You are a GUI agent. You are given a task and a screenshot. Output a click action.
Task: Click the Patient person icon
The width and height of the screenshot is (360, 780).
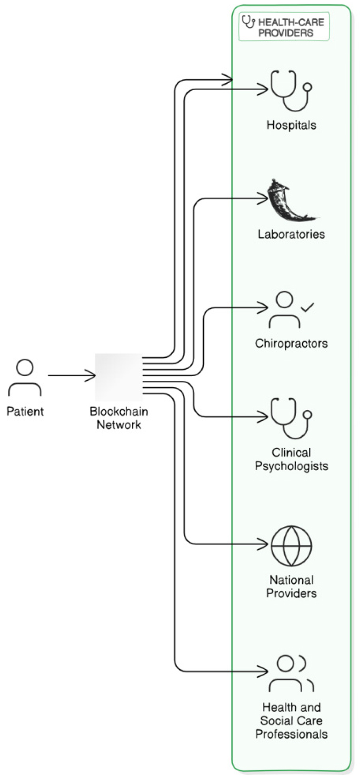pos(25,378)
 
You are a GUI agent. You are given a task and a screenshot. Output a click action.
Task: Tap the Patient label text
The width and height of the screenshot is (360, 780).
pos(25,411)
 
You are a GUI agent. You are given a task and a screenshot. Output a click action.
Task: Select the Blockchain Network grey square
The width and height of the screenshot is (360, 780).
pos(119,377)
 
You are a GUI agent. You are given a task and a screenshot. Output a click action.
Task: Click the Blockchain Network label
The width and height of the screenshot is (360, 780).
pos(119,418)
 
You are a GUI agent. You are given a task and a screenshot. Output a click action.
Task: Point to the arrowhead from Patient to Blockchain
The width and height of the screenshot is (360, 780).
pos(91,376)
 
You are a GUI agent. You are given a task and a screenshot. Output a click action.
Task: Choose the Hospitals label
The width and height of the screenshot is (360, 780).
pos(291,125)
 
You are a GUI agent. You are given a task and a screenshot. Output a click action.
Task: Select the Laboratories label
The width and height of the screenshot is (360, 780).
pos(291,234)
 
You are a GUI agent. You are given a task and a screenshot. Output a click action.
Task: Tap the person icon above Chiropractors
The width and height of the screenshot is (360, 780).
pos(284,309)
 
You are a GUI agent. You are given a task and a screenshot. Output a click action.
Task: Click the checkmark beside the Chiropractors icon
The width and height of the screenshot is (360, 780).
pos(307,308)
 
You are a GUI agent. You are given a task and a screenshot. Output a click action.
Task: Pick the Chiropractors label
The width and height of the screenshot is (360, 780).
pos(291,343)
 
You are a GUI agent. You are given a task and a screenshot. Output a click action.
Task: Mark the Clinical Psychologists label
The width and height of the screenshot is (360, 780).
pos(291,459)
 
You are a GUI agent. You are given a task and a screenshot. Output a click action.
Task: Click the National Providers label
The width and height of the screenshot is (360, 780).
pos(291,587)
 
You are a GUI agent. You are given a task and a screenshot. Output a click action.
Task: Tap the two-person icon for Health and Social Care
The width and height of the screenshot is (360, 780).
pos(291,673)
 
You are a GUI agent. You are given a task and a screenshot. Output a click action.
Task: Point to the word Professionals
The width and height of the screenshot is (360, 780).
pos(291,734)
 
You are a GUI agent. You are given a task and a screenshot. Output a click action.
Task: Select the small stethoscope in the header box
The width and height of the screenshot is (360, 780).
pos(248,22)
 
